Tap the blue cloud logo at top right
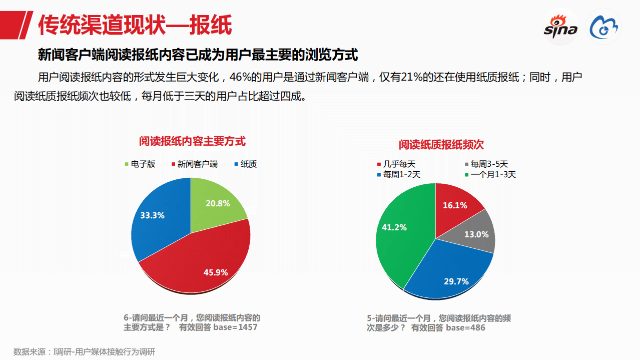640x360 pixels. [x=604, y=28]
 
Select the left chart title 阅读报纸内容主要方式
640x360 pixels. [x=192, y=141]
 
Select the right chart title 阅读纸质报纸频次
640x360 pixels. [x=441, y=145]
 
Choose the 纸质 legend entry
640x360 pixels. [x=245, y=164]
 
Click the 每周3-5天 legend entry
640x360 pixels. [x=486, y=164]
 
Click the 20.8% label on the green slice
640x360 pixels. [x=218, y=203]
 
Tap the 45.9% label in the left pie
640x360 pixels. [x=216, y=272]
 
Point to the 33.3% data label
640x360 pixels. [x=153, y=215]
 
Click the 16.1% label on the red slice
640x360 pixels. [x=455, y=205]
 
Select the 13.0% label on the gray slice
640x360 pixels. [x=476, y=234]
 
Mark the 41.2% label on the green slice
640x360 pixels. [x=394, y=227]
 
